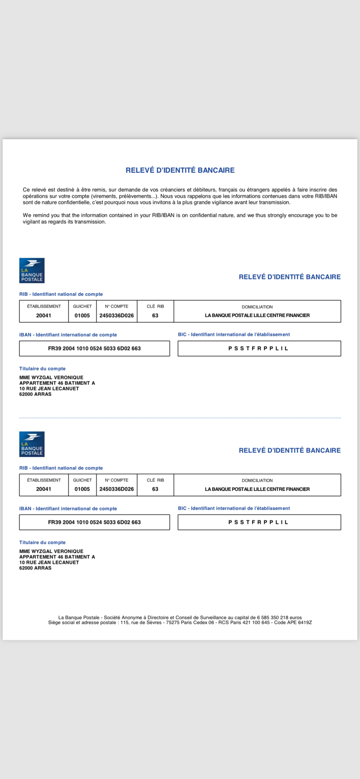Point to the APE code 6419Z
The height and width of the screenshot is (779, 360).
pyautogui.click(x=304, y=622)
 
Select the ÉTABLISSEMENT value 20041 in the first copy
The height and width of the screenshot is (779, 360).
pyautogui.click(x=44, y=315)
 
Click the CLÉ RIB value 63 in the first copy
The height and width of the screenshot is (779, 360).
pyautogui.click(x=155, y=315)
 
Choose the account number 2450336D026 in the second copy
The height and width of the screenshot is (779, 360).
pyautogui.click(x=116, y=489)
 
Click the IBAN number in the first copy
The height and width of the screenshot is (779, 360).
pyautogui.click(x=94, y=348)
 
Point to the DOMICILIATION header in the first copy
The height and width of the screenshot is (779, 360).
pyautogui.click(x=257, y=307)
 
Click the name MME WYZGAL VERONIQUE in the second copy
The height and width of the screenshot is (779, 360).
pyautogui.click(x=51, y=551)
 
